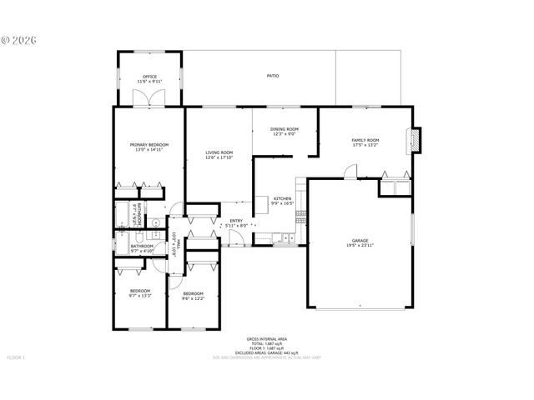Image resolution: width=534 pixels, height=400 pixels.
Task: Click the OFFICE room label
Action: coord(149,77)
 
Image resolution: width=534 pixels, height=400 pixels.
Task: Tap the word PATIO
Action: coord(273,76)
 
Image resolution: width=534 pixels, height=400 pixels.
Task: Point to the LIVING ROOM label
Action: coord(219,152)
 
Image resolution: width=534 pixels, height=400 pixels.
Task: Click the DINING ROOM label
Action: coord(285,129)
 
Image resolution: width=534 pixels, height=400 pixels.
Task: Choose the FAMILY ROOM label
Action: coord(365,140)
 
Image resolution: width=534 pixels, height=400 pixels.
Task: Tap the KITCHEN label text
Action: coord(282,198)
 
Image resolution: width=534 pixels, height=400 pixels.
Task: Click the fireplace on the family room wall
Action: coord(417,140)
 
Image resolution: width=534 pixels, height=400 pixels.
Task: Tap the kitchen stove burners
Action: coord(300,215)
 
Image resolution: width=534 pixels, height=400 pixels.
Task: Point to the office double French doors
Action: coord(149,98)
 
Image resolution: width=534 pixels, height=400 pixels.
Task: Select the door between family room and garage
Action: coord(350,171)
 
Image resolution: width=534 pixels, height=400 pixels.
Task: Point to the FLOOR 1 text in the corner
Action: coord(17,357)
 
